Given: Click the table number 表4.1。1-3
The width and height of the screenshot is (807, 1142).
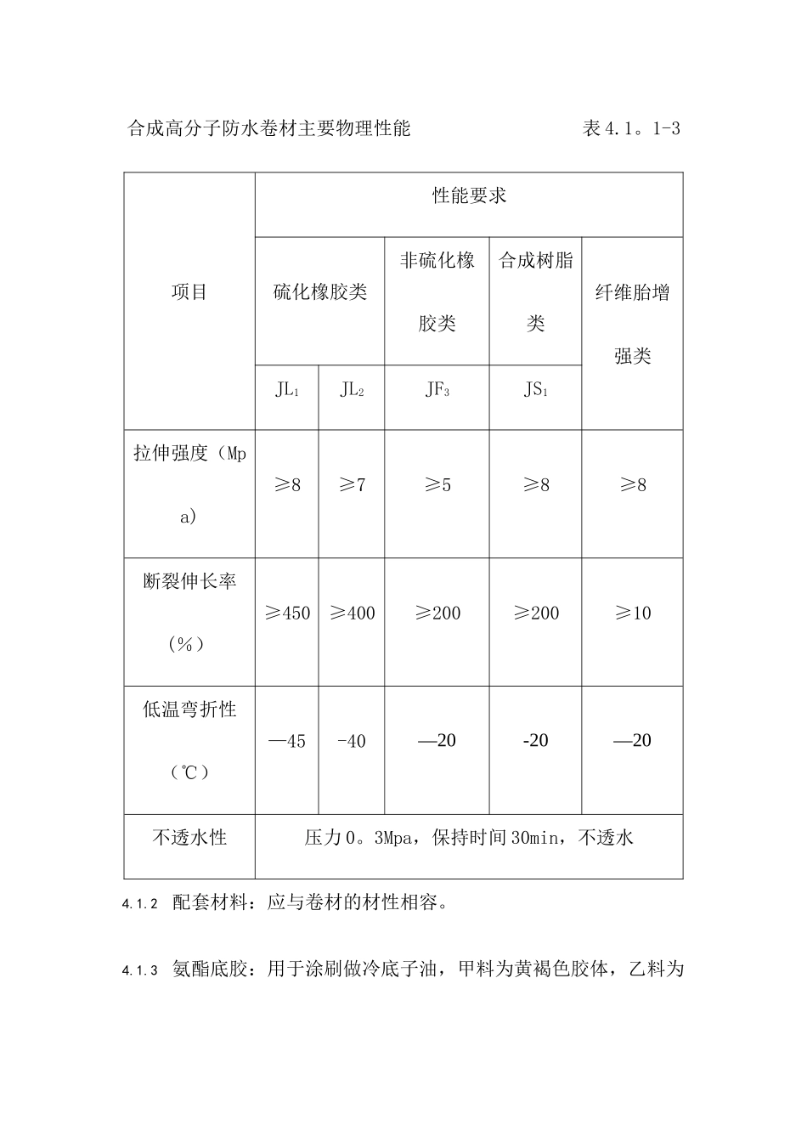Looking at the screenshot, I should pyautogui.click(x=631, y=129).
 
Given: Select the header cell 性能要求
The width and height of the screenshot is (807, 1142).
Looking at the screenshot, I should pyautogui.click(x=469, y=196).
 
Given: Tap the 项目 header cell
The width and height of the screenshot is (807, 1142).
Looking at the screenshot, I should pyautogui.click(x=189, y=292).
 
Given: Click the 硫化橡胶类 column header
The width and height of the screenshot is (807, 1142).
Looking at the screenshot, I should pyautogui.click(x=319, y=292).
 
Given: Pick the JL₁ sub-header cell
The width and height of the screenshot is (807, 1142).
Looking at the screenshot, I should pyautogui.click(x=287, y=390).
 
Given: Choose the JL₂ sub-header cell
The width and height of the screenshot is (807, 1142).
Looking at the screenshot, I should pyautogui.click(x=352, y=390).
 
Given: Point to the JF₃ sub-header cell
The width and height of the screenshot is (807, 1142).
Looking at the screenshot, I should pyautogui.click(x=437, y=390).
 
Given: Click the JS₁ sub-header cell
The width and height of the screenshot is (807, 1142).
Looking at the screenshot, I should pyautogui.click(x=535, y=390).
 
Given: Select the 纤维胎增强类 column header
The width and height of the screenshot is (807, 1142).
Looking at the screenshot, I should pyautogui.click(x=632, y=325).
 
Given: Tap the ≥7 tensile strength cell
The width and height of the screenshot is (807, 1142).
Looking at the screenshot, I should pyautogui.click(x=352, y=485).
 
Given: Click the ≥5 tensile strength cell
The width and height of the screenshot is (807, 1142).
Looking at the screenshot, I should pyautogui.click(x=437, y=485).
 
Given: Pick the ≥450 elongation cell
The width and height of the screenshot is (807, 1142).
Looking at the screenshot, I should pyautogui.click(x=287, y=613).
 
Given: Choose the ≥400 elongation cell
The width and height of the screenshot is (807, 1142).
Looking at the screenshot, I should pyautogui.click(x=352, y=613).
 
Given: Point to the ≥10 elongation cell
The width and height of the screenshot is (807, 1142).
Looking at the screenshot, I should pyautogui.click(x=632, y=613).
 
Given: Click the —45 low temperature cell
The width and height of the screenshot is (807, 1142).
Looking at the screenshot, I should pyautogui.click(x=287, y=742).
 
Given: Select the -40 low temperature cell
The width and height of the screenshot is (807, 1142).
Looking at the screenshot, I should pyautogui.click(x=352, y=742).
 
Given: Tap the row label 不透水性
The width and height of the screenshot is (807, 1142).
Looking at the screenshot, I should pyautogui.click(x=189, y=838).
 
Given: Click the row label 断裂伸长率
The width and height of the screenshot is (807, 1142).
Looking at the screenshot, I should pyautogui.click(x=189, y=582).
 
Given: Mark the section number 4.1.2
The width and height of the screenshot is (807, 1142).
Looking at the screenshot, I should pyautogui.click(x=140, y=905).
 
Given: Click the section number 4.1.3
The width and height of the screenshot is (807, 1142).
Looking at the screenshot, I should pyautogui.click(x=140, y=970).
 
